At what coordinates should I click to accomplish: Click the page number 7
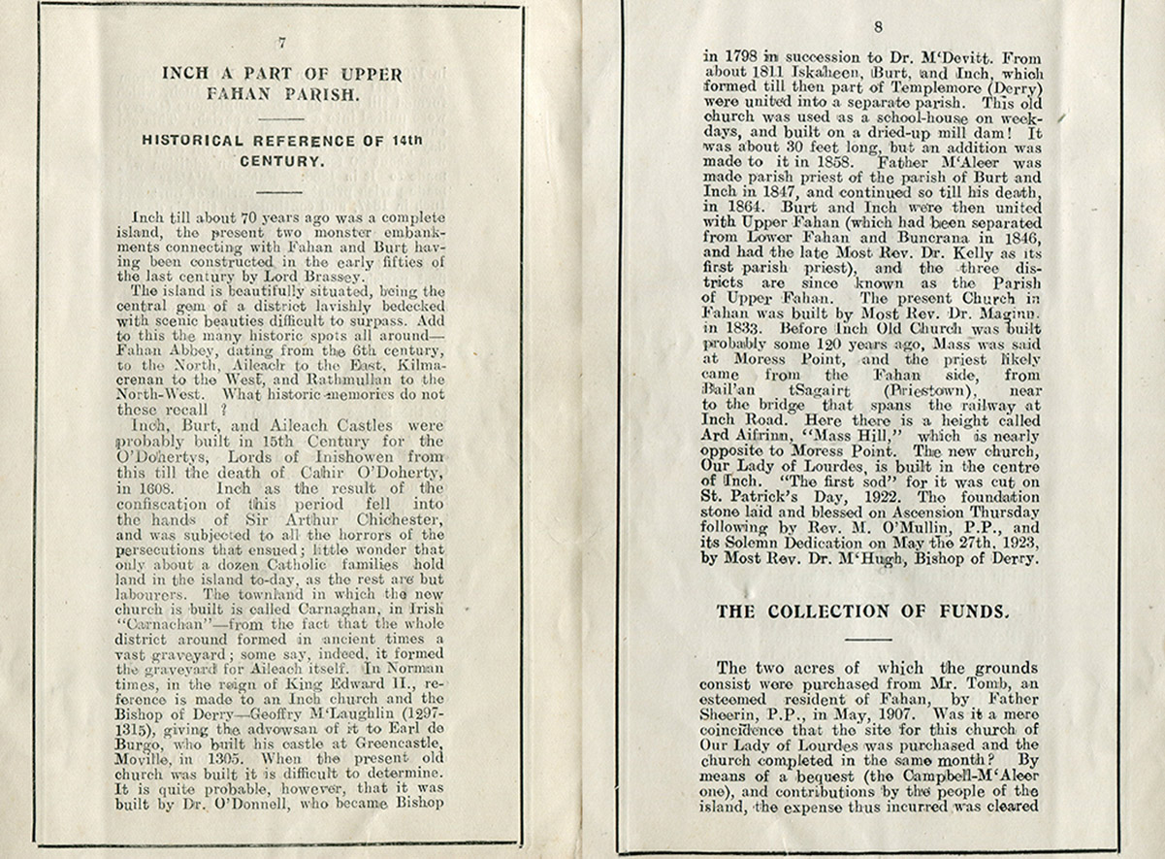[281, 42]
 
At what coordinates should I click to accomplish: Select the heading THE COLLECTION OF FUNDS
[862, 611]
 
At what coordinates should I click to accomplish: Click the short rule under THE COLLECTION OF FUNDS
[867, 639]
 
